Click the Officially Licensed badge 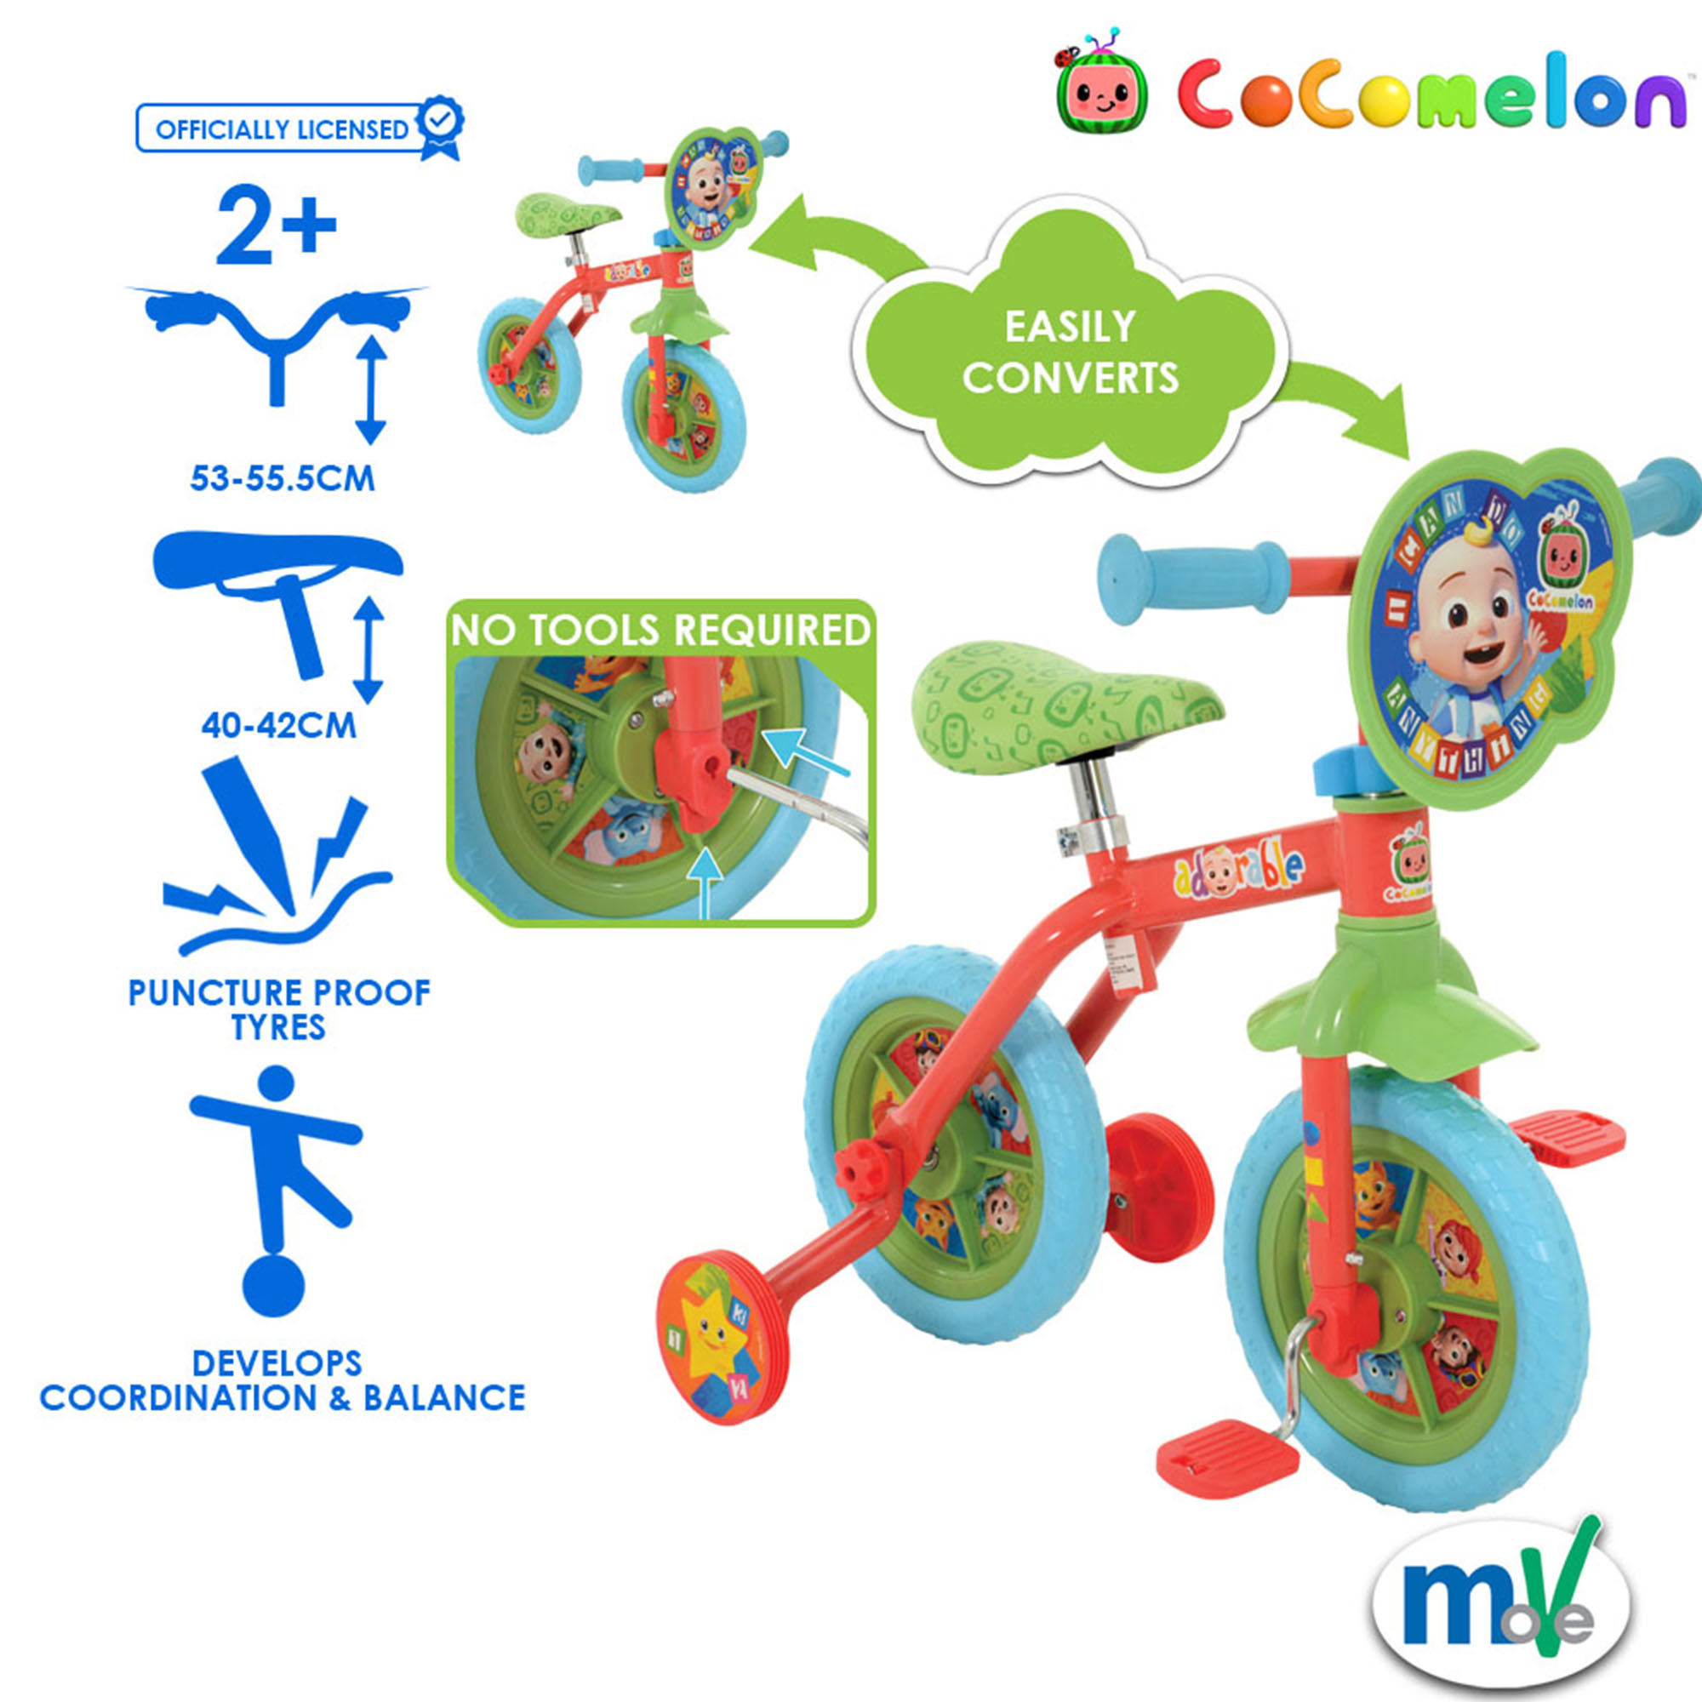pos(298,129)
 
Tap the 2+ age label pos(276,225)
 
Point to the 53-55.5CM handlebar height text pos(283,478)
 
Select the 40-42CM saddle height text pos(278,725)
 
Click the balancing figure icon pos(275,1194)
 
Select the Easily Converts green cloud pos(1070,352)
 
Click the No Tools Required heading pos(660,631)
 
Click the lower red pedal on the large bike pos(1227,1467)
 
